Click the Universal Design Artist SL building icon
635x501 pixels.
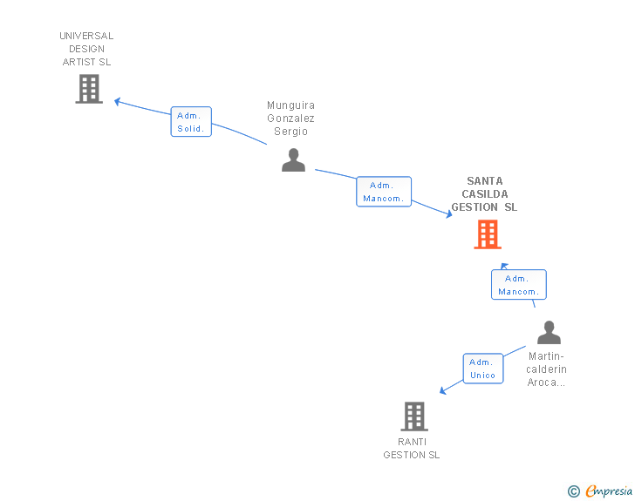tap(89, 89)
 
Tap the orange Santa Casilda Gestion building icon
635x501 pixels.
tap(488, 234)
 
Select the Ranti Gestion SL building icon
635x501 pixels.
tap(414, 416)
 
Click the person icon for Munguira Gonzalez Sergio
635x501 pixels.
tap(293, 160)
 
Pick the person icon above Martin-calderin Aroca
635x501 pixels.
tap(549, 333)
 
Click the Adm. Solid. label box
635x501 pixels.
tap(191, 122)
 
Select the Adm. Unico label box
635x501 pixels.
tap(482, 369)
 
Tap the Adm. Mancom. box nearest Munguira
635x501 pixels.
tap(383, 192)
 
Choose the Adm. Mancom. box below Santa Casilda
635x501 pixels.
tap(518, 285)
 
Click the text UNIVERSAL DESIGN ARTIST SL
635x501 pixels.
tap(86, 49)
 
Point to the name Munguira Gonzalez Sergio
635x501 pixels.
tap(290, 118)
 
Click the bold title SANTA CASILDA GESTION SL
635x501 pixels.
tap(483, 194)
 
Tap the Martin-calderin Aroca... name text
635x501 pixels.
tap(547, 369)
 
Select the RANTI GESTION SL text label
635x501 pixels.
tap(412, 449)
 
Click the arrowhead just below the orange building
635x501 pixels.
tap(503, 265)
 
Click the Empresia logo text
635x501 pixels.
tap(608, 491)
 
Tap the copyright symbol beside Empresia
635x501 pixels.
tap(573, 491)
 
